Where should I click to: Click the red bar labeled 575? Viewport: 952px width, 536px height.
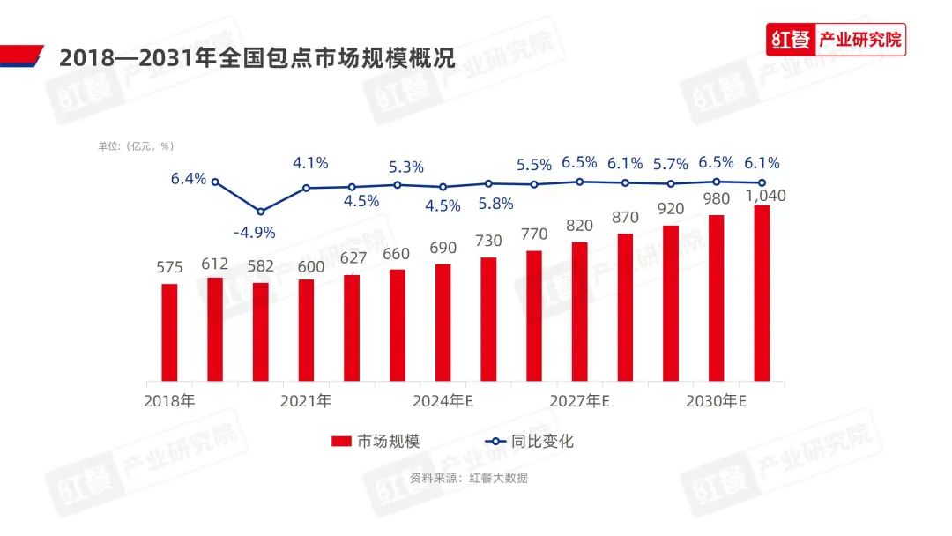tap(169, 332)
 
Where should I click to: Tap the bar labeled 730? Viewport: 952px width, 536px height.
tap(488, 319)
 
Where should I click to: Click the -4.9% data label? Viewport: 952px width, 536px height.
tap(255, 233)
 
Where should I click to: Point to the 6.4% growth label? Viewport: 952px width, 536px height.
tap(189, 178)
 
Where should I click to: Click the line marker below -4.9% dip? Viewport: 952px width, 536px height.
tap(260, 212)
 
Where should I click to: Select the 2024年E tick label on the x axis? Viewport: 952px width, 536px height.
tap(443, 401)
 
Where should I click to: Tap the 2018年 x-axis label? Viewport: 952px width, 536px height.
tap(169, 401)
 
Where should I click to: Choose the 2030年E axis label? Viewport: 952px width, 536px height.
tap(717, 401)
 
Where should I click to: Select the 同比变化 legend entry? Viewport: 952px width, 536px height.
tap(529, 441)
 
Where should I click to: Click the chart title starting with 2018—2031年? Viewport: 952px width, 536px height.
tap(257, 59)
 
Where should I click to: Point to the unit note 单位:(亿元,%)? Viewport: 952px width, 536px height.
tap(136, 146)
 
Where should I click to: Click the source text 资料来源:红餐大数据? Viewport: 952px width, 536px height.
tap(468, 478)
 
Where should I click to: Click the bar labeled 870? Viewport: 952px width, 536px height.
tap(625, 308)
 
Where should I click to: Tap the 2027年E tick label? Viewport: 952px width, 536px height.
tap(580, 401)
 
